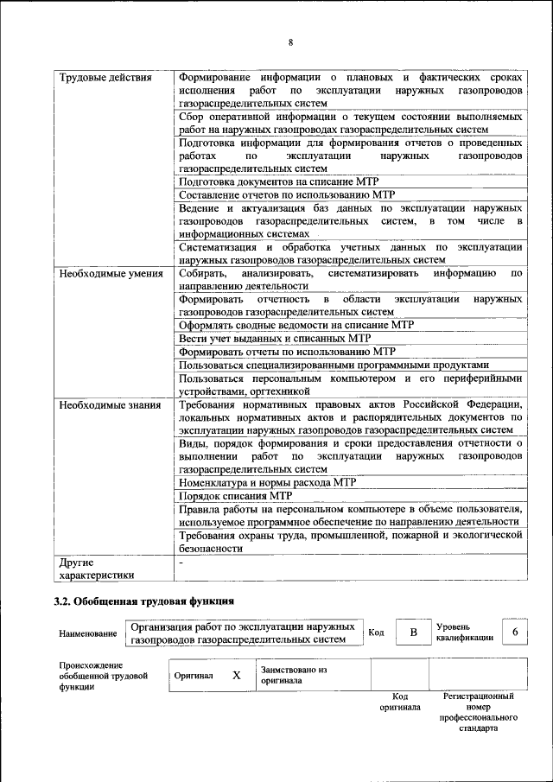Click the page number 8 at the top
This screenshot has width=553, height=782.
click(290, 42)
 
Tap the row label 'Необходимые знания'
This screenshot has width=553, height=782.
click(108, 404)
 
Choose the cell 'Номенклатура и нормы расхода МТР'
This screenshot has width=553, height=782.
click(267, 482)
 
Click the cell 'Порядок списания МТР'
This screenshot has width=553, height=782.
click(235, 496)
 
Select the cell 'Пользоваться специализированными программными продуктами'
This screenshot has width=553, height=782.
click(334, 365)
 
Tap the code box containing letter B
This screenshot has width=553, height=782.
click(413, 633)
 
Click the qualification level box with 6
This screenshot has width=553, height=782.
click(515, 633)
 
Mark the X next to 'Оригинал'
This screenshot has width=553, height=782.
click(236, 676)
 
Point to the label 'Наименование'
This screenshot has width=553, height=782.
click(88, 633)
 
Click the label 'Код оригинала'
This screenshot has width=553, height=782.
click(399, 701)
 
